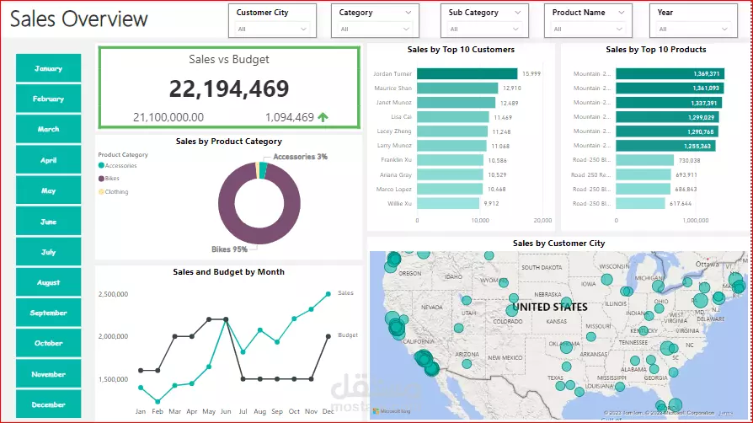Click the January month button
click(x=49, y=68)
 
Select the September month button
click(x=49, y=313)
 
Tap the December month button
click(x=49, y=404)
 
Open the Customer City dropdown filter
click(x=271, y=21)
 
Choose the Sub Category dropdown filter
click(x=483, y=21)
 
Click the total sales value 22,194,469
click(x=228, y=88)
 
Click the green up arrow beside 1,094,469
click(x=323, y=118)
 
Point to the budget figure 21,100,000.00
click(x=168, y=118)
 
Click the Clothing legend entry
click(x=116, y=192)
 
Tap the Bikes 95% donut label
click(x=229, y=249)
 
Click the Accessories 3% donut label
click(x=300, y=157)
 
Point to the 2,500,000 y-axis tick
click(x=113, y=294)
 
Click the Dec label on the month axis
click(x=328, y=411)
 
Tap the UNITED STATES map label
click(x=550, y=307)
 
